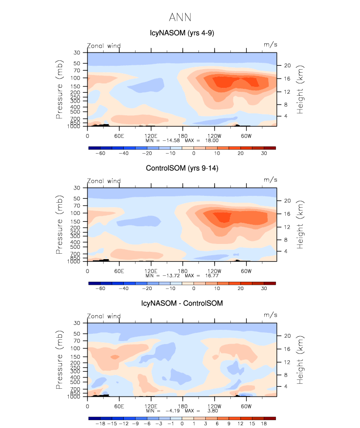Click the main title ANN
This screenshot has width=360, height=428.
tap(180, 18)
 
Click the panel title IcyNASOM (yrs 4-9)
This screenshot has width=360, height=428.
tap(182, 33)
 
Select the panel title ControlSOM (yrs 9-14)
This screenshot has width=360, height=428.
tap(182, 168)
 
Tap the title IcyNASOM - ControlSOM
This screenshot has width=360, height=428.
tap(182, 303)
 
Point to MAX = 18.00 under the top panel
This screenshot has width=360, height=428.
tap(206, 140)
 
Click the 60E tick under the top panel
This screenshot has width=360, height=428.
tap(118, 135)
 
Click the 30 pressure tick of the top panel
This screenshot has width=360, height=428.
tap(77, 53)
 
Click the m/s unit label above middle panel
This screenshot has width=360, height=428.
tap(270, 180)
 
